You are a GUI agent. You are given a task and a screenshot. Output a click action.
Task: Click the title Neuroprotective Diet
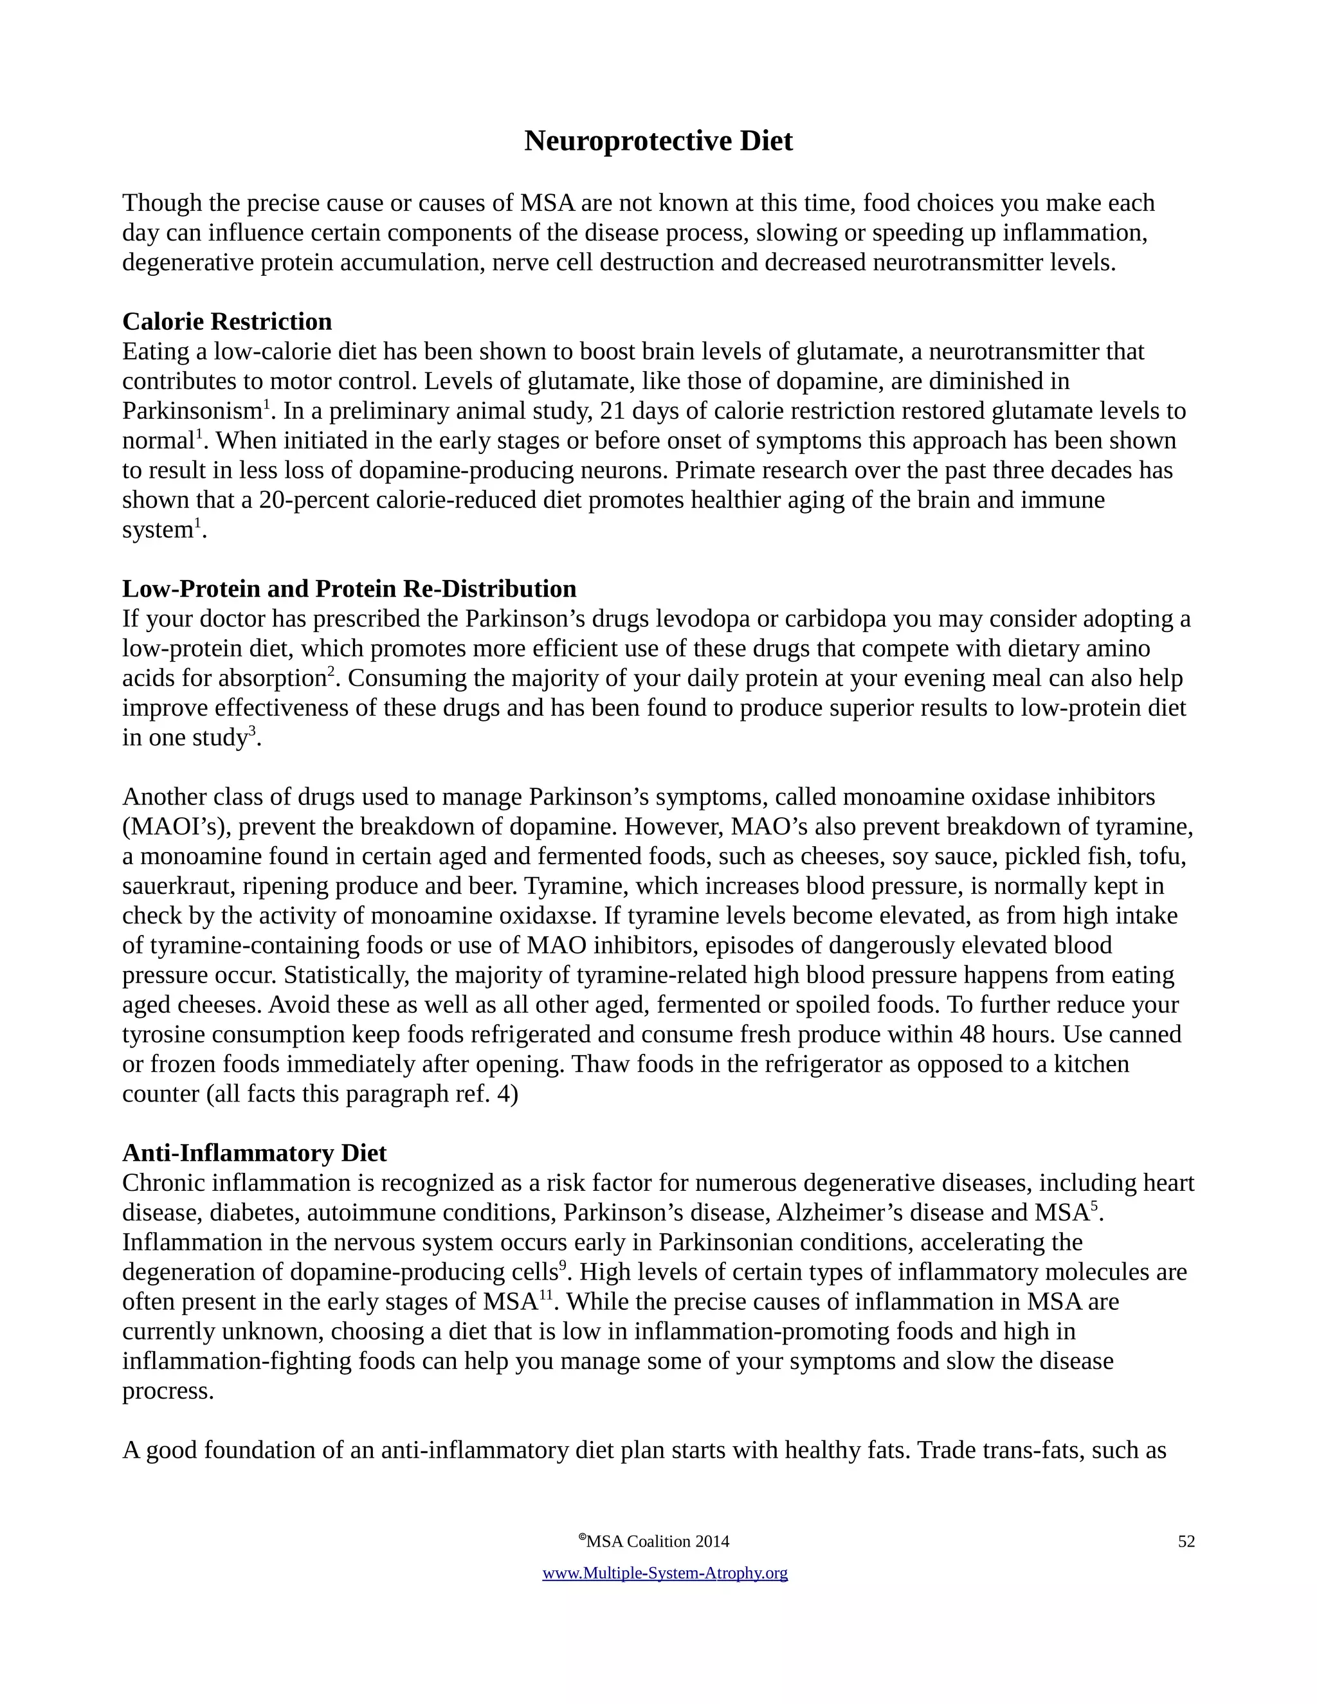point(658,141)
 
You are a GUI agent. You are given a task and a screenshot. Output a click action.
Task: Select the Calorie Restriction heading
point(227,322)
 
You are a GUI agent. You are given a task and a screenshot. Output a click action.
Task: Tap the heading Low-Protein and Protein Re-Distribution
point(349,588)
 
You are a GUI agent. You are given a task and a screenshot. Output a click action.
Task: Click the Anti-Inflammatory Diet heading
point(255,1153)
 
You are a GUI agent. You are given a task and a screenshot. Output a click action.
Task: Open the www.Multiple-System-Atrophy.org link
point(665,1573)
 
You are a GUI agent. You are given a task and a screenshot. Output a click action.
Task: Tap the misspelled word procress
point(168,1391)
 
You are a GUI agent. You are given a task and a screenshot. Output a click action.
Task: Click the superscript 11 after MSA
point(546,1294)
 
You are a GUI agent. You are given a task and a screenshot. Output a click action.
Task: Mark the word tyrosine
point(164,1035)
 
